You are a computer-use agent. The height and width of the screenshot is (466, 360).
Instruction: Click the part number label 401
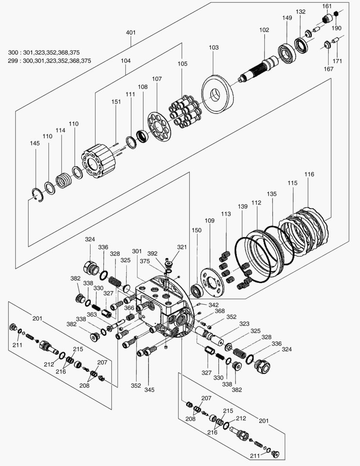click(131, 32)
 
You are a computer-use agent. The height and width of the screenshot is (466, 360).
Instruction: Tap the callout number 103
click(213, 47)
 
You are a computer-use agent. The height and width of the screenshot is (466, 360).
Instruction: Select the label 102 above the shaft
click(264, 30)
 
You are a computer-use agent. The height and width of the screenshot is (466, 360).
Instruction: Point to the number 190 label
click(336, 28)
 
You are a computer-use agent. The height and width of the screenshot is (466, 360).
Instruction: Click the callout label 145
click(35, 143)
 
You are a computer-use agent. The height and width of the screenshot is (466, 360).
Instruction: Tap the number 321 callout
click(182, 247)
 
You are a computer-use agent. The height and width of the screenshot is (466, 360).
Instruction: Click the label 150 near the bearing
click(196, 230)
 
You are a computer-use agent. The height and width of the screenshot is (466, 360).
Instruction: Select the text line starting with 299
click(50, 61)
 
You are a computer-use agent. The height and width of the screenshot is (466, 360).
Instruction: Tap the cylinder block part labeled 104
click(100, 161)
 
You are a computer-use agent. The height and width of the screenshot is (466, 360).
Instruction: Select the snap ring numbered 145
click(38, 195)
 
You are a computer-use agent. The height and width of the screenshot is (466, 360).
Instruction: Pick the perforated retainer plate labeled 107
click(159, 126)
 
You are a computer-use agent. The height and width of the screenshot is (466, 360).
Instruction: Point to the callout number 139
click(243, 207)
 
